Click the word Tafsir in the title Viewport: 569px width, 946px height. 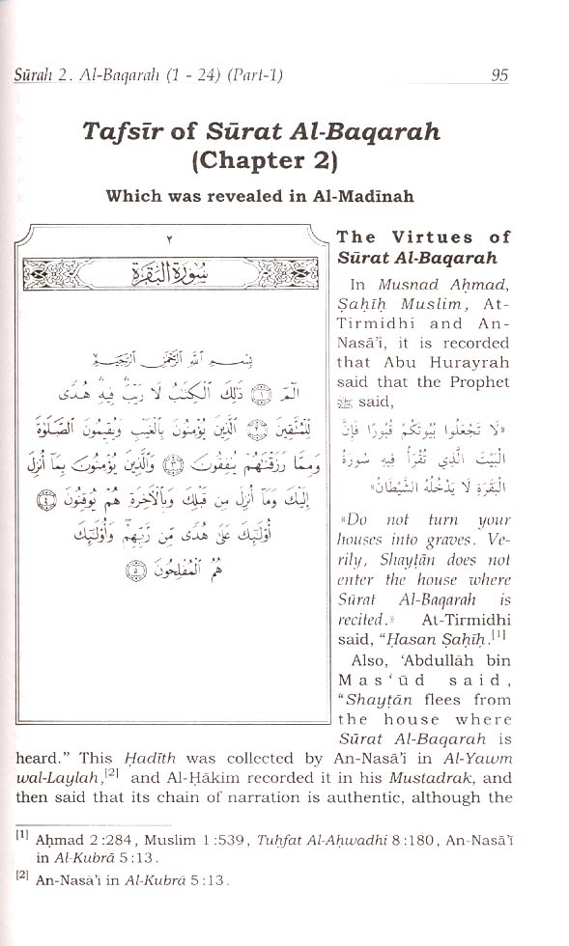point(125,131)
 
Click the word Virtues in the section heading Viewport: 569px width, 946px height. point(428,237)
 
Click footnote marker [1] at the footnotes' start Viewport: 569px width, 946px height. point(21,835)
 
